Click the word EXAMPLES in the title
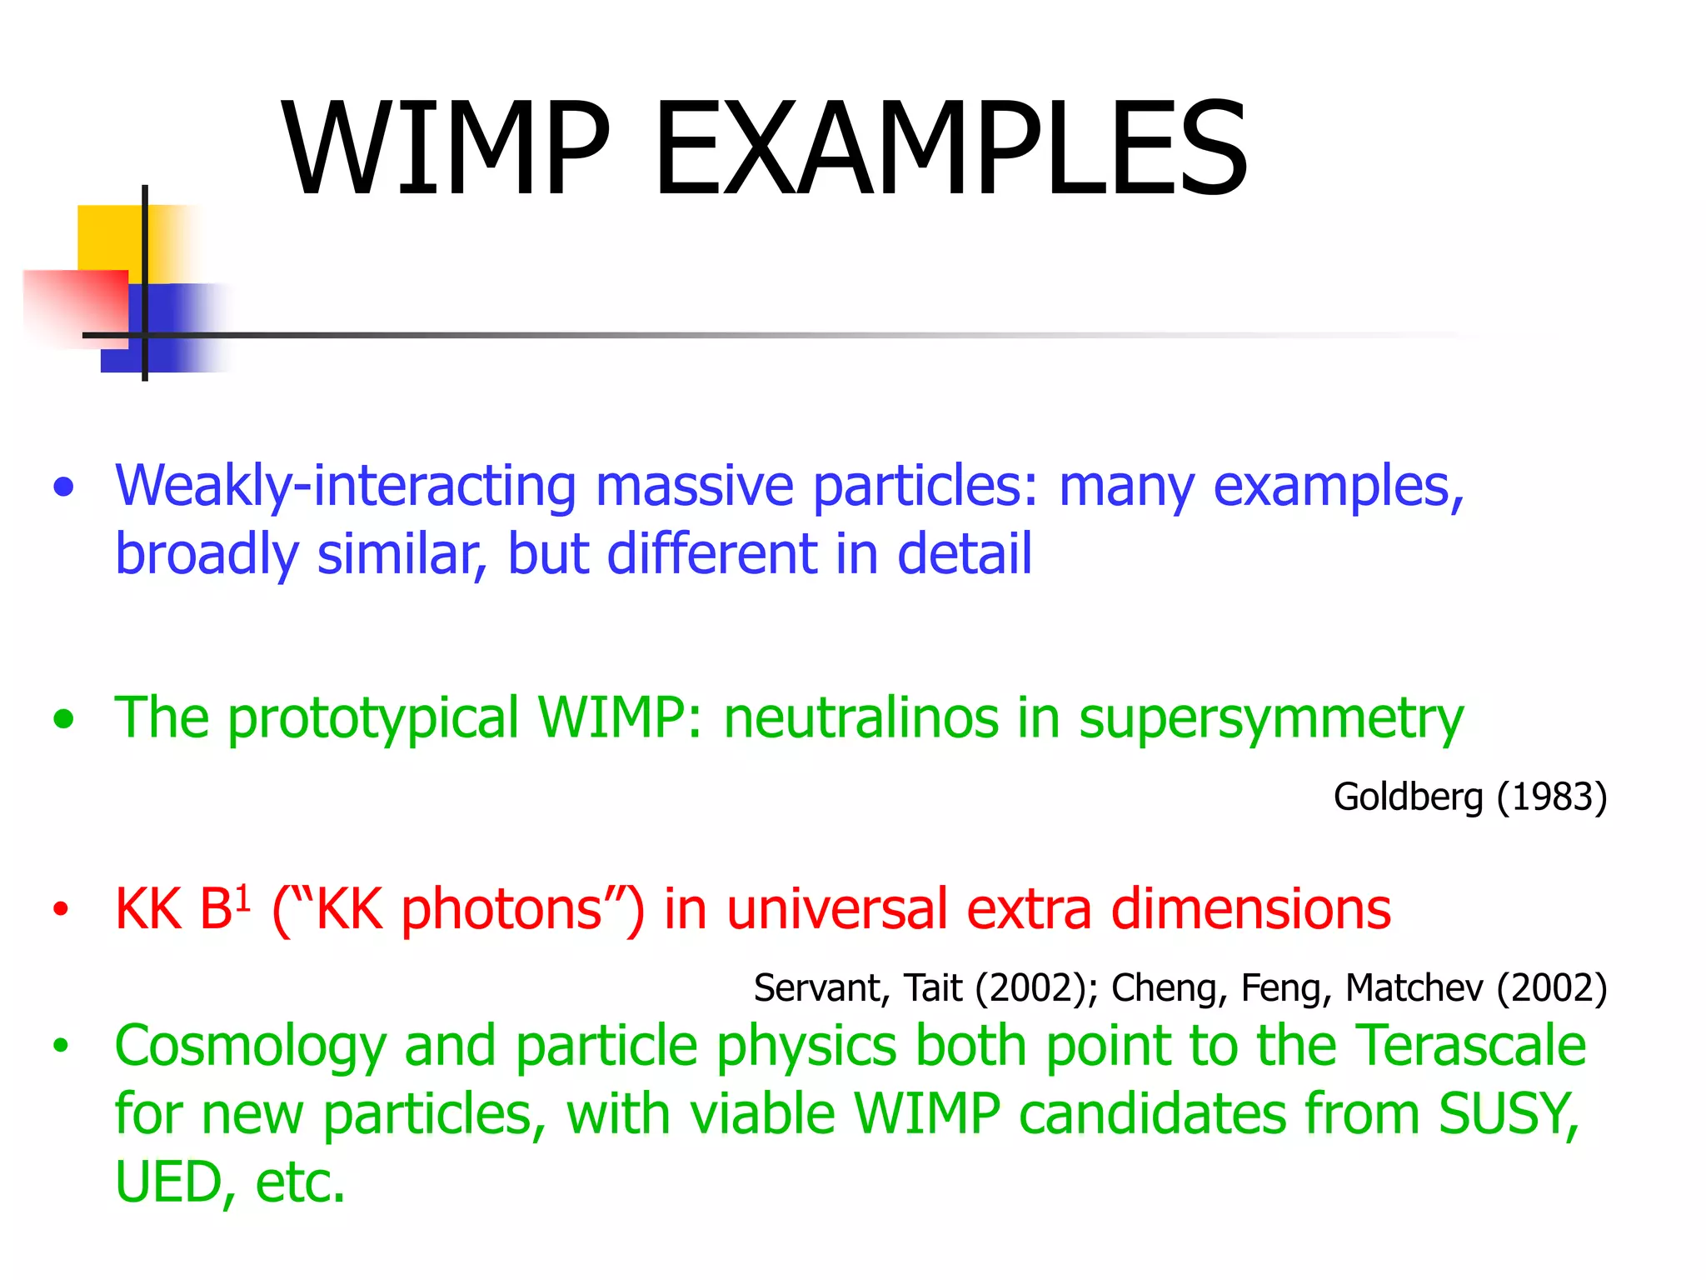(x=950, y=150)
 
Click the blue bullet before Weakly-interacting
(x=63, y=487)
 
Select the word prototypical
(x=373, y=718)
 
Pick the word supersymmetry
(x=1270, y=718)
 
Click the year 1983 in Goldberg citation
(x=1551, y=797)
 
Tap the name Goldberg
(x=1408, y=797)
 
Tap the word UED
(x=167, y=1182)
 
